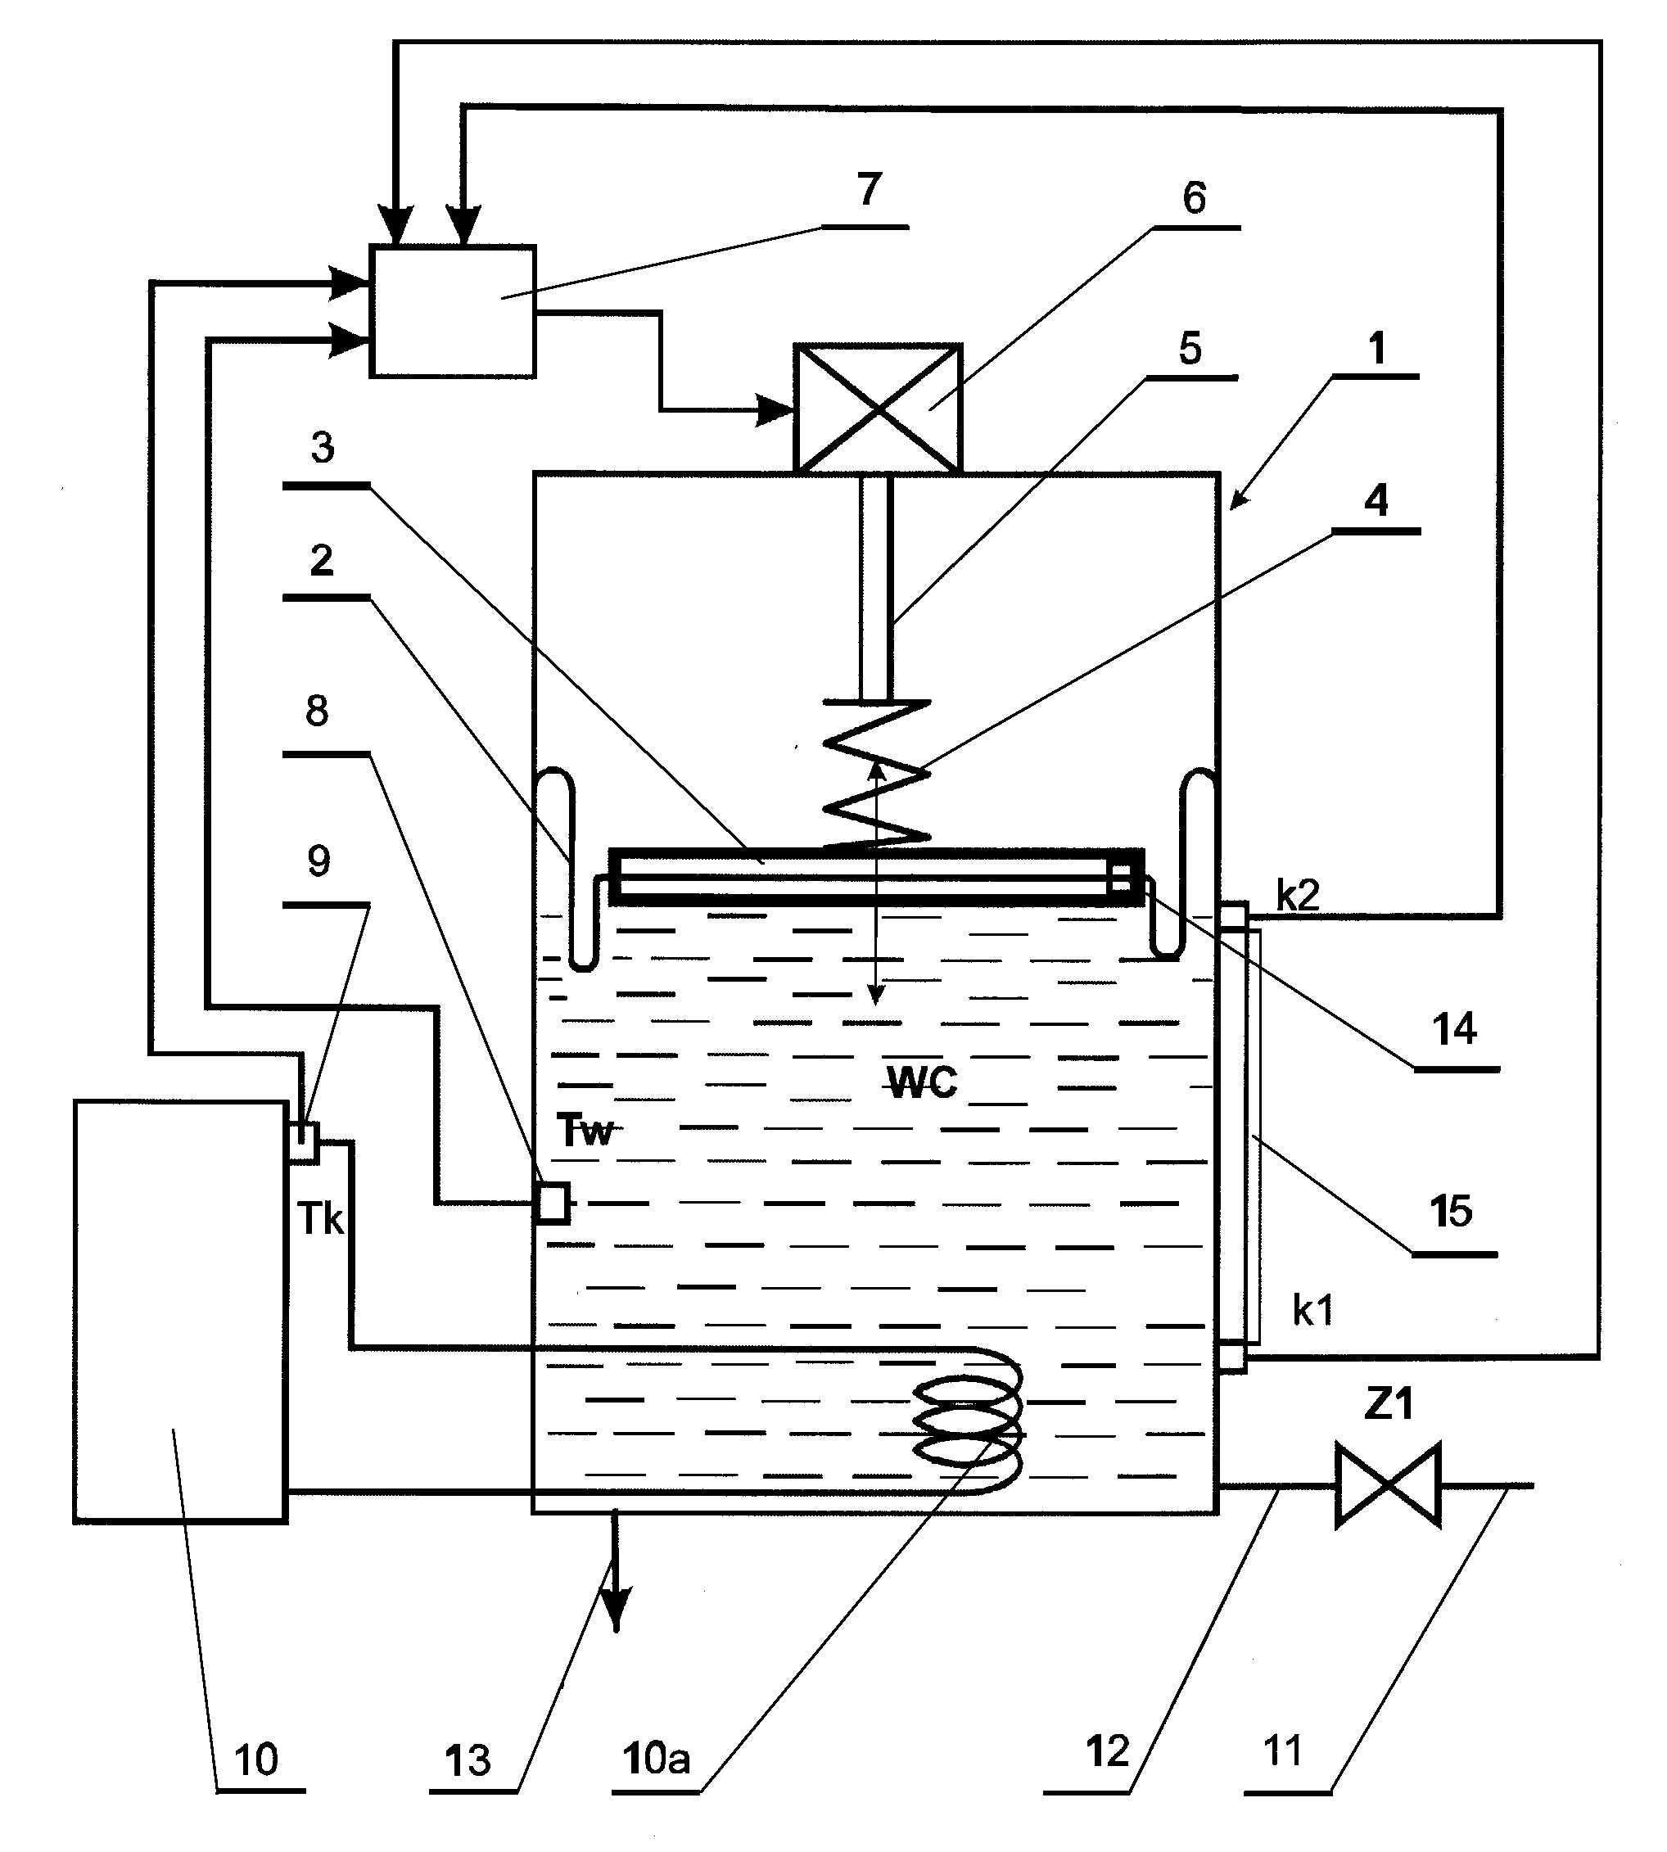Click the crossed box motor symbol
878,409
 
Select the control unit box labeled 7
453,311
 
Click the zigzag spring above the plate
877,774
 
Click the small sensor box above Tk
304,1142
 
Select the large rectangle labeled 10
180,1312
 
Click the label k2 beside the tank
1298,896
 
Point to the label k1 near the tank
1312,1312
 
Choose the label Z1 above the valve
1389,1403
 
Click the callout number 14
1454,1029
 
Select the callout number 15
1451,1211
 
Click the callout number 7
869,188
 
